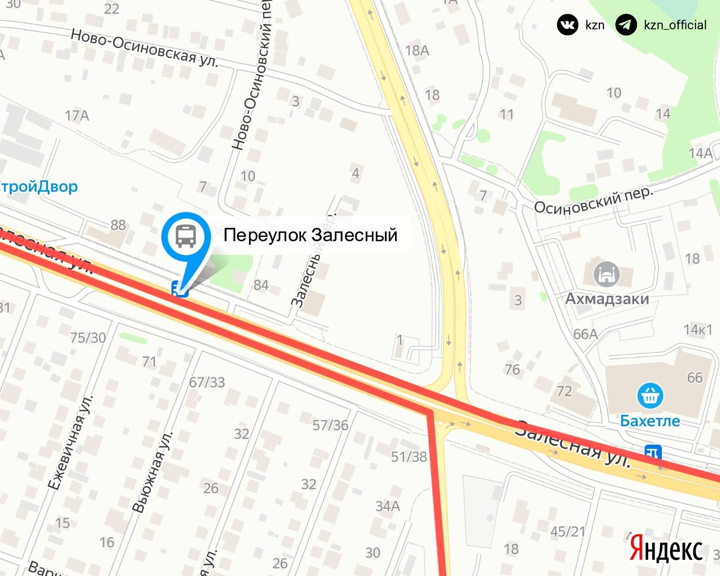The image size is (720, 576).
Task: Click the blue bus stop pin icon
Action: click(x=186, y=236)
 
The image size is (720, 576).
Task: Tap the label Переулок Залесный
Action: click(x=310, y=235)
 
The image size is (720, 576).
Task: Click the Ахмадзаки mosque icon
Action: click(x=607, y=274)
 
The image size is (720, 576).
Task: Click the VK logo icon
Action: click(x=567, y=25)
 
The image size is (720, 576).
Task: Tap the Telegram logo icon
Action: click(x=626, y=25)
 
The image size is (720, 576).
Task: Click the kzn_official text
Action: click(x=675, y=25)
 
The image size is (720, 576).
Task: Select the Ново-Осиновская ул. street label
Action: click(x=144, y=48)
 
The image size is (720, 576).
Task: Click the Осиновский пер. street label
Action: click(x=594, y=200)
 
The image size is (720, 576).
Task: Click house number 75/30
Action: click(x=88, y=338)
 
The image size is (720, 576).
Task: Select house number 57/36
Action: click(x=330, y=425)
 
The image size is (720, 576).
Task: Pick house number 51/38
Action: click(x=409, y=456)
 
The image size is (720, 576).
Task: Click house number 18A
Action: click(x=417, y=50)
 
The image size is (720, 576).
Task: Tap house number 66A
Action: click(x=585, y=334)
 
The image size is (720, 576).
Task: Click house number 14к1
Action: click(x=698, y=330)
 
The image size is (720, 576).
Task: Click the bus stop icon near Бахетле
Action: click(x=654, y=452)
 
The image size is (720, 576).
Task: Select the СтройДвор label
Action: click(x=39, y=187)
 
